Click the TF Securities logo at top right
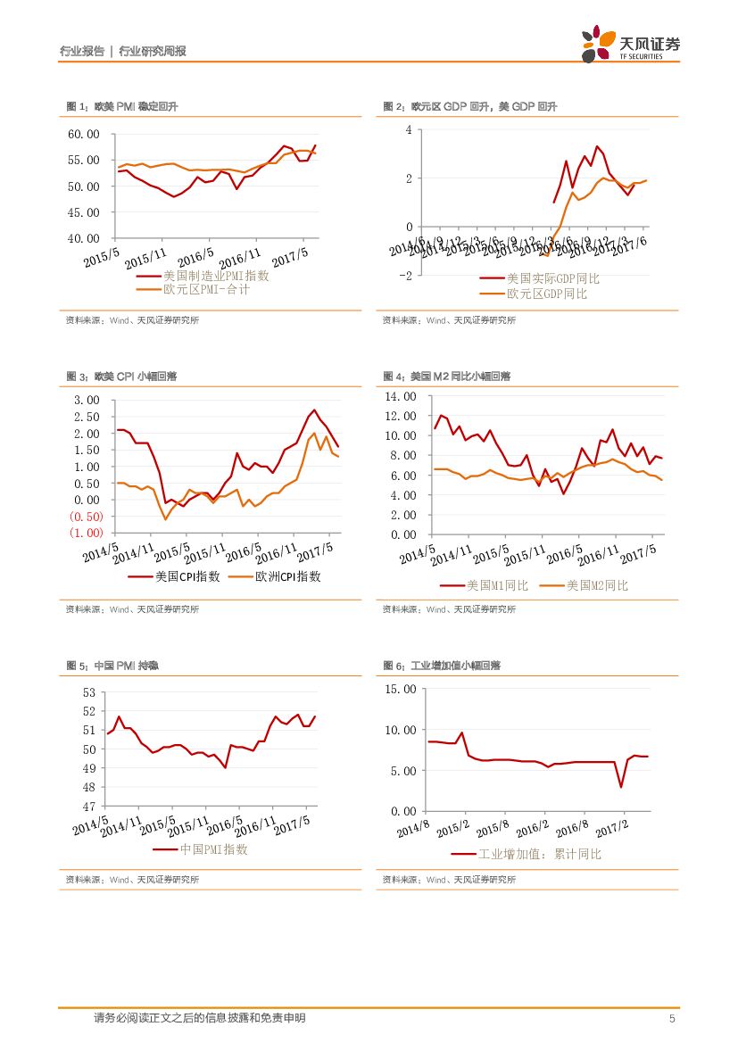(630, 44)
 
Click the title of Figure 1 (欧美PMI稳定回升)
(122, 106)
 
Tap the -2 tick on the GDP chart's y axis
(407, 276)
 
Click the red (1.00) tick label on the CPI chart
(87, 533)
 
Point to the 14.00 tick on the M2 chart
(400, 396)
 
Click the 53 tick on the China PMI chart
(88, 692)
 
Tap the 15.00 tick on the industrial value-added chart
(400, 689)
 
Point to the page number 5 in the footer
(671, 1020)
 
